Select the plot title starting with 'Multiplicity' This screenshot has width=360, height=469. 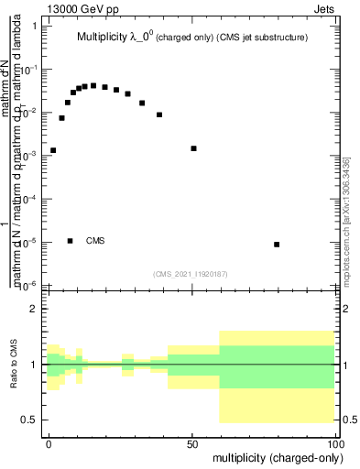point(191,38)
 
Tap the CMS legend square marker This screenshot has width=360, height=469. point(71,241)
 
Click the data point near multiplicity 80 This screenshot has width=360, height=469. point(277,245)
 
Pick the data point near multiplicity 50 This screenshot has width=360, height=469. point(193,148)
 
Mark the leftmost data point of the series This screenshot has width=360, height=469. point(53,150)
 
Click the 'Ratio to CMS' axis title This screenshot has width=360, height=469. point(15,365)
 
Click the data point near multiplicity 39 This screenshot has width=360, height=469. point(159,115)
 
